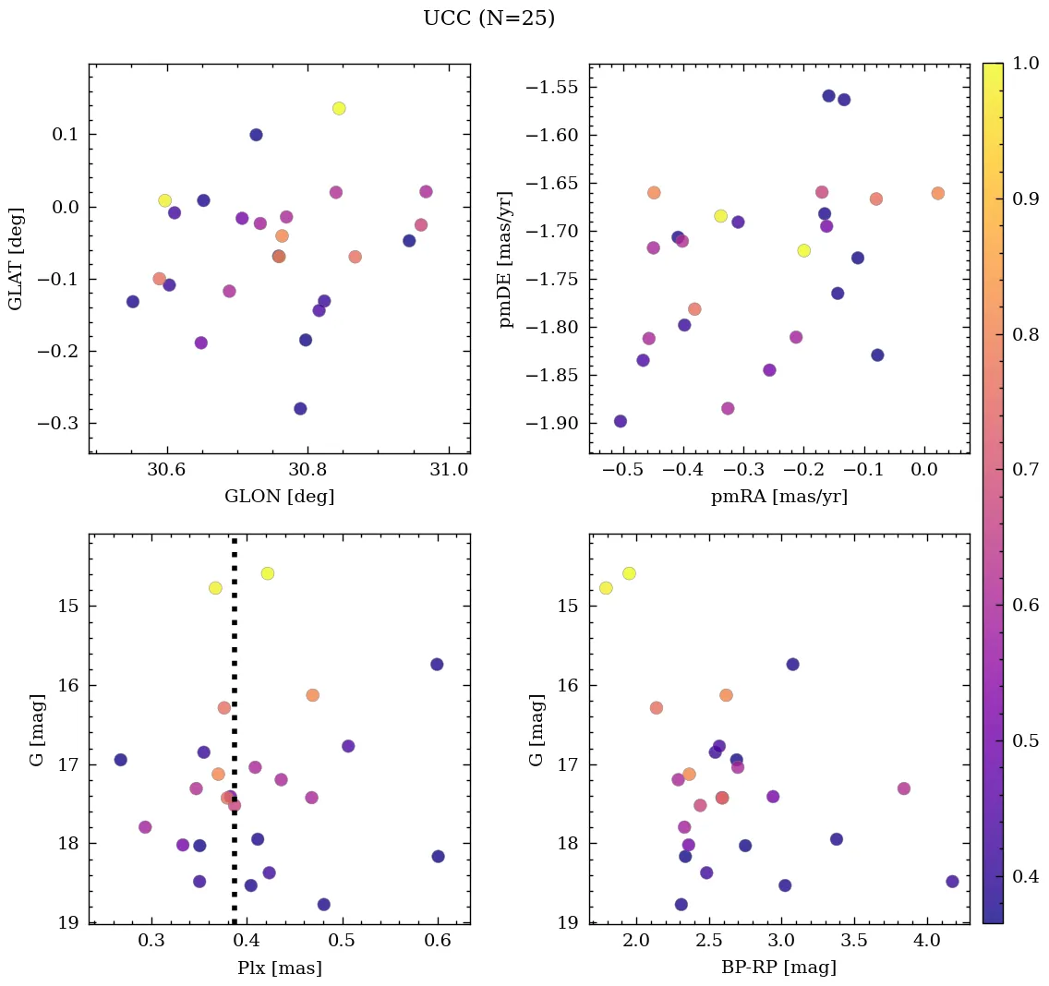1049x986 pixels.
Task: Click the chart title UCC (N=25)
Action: [488, 18]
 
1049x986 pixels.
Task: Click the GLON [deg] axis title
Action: [279, 497]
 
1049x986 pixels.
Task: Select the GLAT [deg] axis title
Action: [16, 259]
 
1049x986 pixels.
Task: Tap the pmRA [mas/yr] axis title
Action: [778, 497]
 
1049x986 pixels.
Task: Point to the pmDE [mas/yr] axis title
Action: [505, 259]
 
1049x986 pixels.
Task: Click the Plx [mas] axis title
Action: [279, 968]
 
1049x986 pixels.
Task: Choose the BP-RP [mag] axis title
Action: [778, 968]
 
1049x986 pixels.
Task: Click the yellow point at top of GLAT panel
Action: [339, 108]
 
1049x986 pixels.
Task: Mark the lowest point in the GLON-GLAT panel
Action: [300, 409]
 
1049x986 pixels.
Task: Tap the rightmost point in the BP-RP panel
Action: [952, 882]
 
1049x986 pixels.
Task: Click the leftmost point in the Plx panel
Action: [120, 760]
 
